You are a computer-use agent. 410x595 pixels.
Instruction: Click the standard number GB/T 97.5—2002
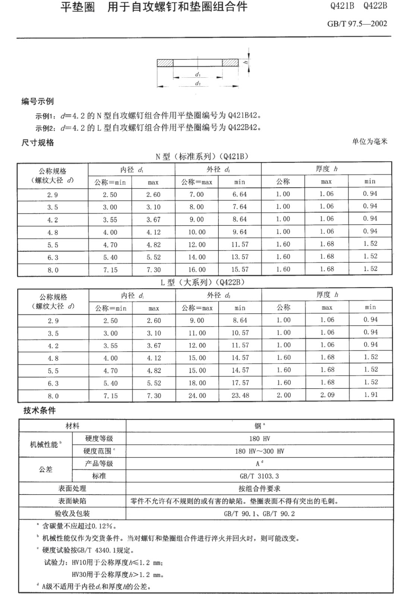357,24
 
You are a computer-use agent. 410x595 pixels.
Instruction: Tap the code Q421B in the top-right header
342,6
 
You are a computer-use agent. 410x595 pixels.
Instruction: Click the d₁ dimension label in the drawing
198,74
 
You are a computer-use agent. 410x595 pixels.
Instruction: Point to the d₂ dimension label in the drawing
198,83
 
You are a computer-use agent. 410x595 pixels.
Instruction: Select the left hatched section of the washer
165,62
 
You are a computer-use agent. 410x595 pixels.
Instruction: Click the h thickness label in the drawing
246,62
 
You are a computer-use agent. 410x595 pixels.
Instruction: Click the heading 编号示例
37,102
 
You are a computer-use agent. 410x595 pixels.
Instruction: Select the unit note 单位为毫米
370,141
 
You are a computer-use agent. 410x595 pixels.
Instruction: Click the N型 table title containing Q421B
202,156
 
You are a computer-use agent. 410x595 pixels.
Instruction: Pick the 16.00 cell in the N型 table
197,270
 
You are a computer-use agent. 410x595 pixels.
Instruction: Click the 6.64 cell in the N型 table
240,194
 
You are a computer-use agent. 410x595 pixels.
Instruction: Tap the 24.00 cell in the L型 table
197,396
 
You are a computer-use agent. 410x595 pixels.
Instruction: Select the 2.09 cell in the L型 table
327,395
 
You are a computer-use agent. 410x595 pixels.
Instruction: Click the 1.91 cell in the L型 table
370,395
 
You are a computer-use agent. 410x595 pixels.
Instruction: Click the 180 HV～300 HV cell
259,451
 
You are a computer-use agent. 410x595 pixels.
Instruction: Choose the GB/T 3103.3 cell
259,476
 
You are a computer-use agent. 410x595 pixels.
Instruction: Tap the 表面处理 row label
72,489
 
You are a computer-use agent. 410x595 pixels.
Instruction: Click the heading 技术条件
40,411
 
